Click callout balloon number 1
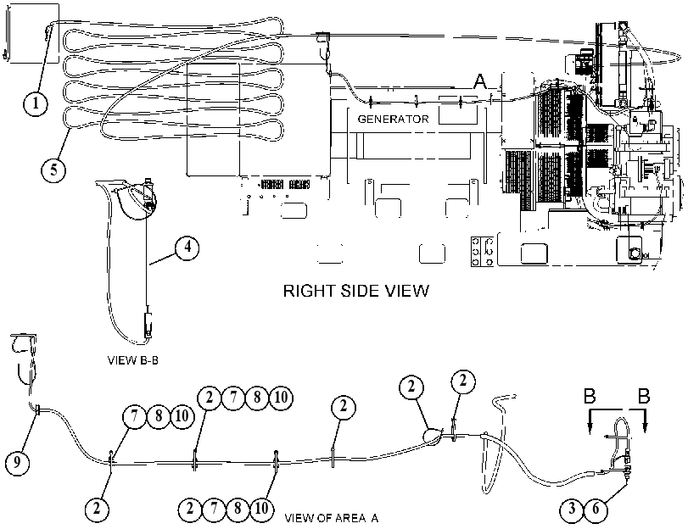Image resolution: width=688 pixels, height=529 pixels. pos(35,104)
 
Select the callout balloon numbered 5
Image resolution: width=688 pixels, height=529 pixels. pos(53,170)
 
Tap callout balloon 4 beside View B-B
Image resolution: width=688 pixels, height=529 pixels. pos(187,248)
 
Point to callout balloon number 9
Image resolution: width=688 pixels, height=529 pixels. pos(17,462)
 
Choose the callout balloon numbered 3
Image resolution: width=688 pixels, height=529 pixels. pos(572,510)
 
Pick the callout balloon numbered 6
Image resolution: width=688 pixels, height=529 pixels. pos(596,510)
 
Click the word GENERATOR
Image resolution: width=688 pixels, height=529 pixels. pos(393,120)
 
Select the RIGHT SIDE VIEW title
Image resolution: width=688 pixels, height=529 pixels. pos(355,291)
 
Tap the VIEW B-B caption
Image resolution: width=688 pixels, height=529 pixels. pos(133,360)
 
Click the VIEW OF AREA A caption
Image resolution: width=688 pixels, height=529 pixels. pos(332,518)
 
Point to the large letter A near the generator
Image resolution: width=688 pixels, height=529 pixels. pos(480,81)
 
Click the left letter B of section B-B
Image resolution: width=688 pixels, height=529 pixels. pos(590,396)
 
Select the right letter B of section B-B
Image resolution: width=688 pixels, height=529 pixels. pos(644,396)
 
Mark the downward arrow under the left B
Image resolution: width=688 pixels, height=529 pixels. pos(590,421)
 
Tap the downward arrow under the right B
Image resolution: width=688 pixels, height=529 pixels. pos(645,421)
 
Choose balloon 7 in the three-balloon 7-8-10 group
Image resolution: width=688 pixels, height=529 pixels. pos(134,415)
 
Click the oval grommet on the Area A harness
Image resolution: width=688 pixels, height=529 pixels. pos(432,437)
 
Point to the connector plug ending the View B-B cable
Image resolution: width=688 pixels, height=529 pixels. pos(148,326)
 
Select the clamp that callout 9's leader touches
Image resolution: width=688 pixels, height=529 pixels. pos(36,411)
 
